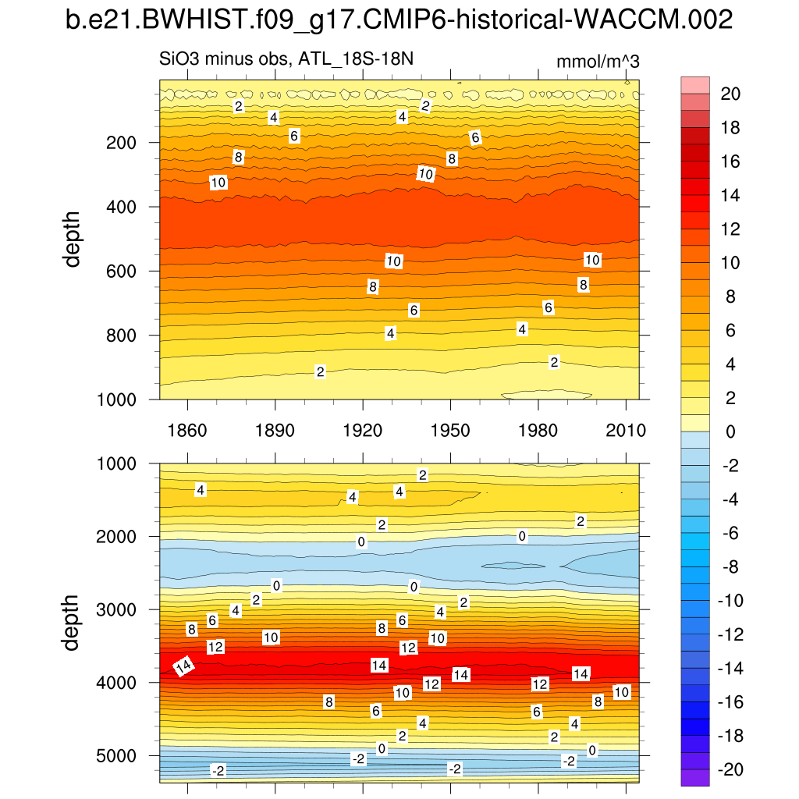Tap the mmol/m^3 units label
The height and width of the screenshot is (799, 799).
pyautogui.click(x=598, y=62)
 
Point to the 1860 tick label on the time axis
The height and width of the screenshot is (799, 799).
pyautogui.click(x=187, y=431)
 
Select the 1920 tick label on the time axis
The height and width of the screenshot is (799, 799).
pyautogui.click(x=363, y=431)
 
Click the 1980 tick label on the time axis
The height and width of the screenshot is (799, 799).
pyautogui.click(x=538, y=431)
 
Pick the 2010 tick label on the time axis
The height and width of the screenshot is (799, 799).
pyautogui.click(x=627, y=431)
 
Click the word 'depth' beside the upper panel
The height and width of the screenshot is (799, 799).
pyautogui.click(x=73, y=240)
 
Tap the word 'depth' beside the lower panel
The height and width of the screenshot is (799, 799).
pyautogui.click(x=73, y=622)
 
